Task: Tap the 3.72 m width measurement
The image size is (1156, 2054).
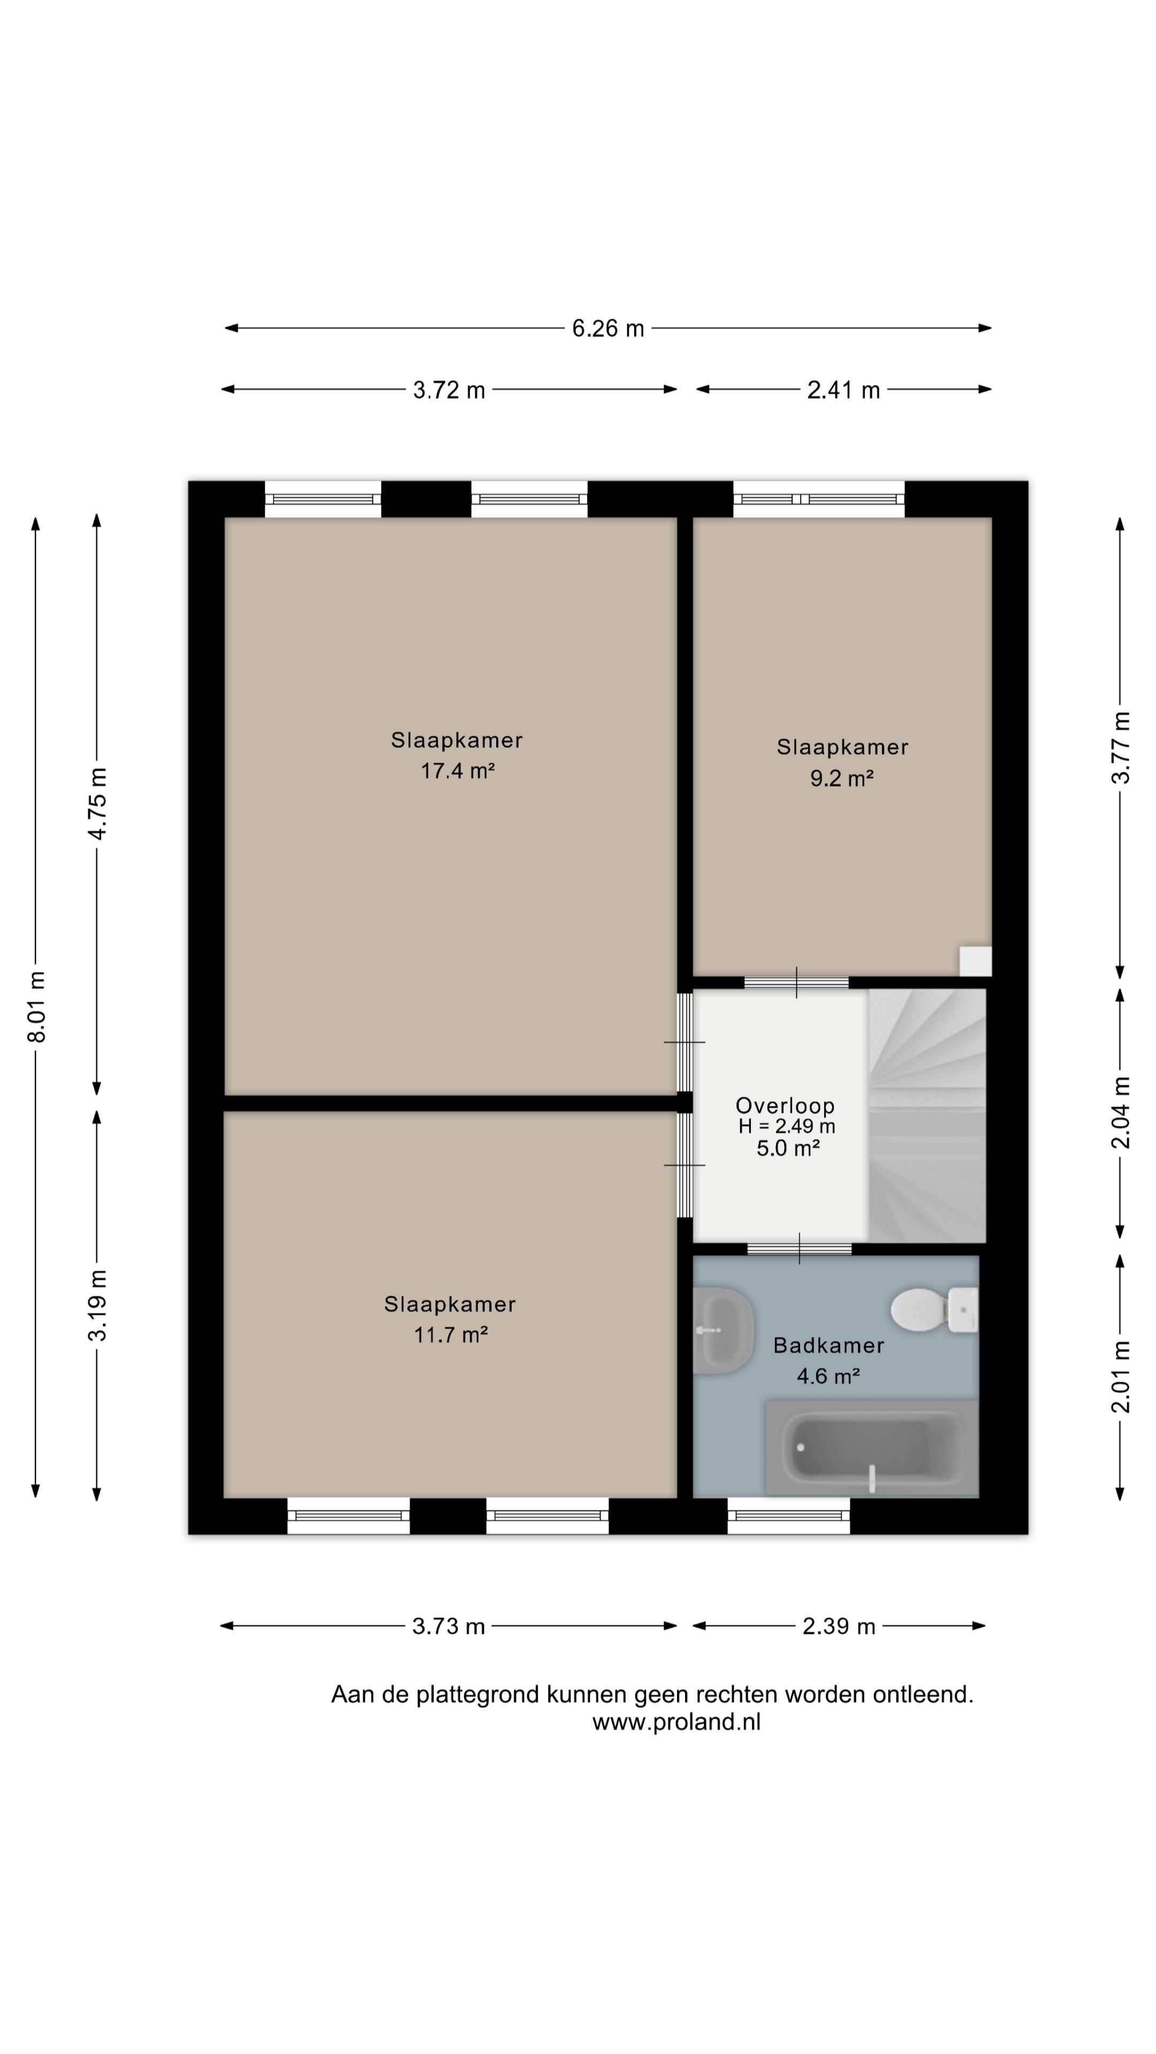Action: [x=448, y=390]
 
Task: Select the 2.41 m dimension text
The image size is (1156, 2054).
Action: [x=843, y=390]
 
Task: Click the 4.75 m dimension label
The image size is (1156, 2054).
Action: [x=97, y=804]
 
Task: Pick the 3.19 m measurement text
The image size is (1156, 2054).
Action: [x=97, y=1305]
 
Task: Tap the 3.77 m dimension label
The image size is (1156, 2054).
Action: [x=1121, y=747]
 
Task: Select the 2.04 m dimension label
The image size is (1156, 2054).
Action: [x=1121, y=1113]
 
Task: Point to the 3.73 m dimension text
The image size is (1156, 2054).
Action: [x=448, y=1627]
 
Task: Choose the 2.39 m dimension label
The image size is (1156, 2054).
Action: [x=839, y=1627]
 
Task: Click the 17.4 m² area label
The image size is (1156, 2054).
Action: [x=458, y=771]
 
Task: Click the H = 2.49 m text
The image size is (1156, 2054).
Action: [x=787, y=1126]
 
